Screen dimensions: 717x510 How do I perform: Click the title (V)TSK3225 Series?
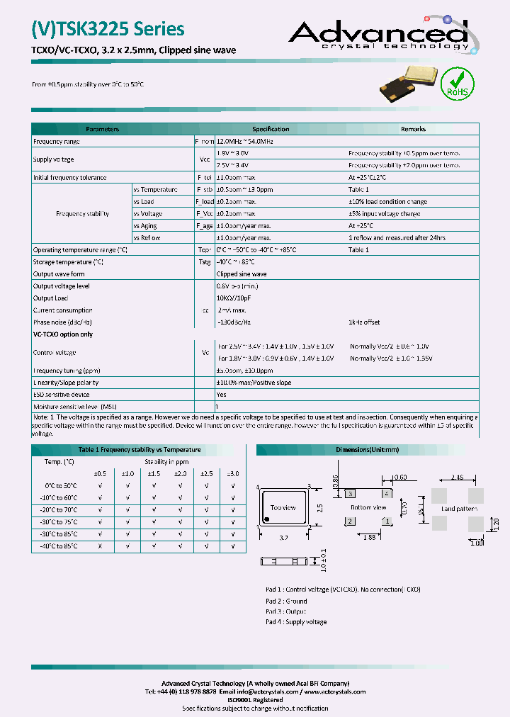(x=108, y=29)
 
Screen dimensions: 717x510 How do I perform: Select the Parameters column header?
(x=103, y=129)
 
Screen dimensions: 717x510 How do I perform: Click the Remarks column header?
(x=413, y=129)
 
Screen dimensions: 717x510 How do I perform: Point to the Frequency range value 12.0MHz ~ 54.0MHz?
(x=244, y=141)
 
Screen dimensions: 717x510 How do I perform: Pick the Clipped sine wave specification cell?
(x=242, y=273)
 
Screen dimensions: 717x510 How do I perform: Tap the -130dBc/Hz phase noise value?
(x=234, y=322)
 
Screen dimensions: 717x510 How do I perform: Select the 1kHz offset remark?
(x=364, y=322)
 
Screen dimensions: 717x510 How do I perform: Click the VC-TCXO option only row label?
(x=63, y=334)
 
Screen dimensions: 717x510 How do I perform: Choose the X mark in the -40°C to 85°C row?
(x=101, y=546)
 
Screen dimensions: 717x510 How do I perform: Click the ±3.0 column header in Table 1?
(x=233, y=473)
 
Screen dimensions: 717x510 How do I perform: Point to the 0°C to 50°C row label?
(x=61, y=485)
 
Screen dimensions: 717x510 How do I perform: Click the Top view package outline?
(x=283, y=507)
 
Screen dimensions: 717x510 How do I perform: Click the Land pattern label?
(x=458, y=509)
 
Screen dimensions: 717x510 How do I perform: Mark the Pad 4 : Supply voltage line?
(x=296, y=622)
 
